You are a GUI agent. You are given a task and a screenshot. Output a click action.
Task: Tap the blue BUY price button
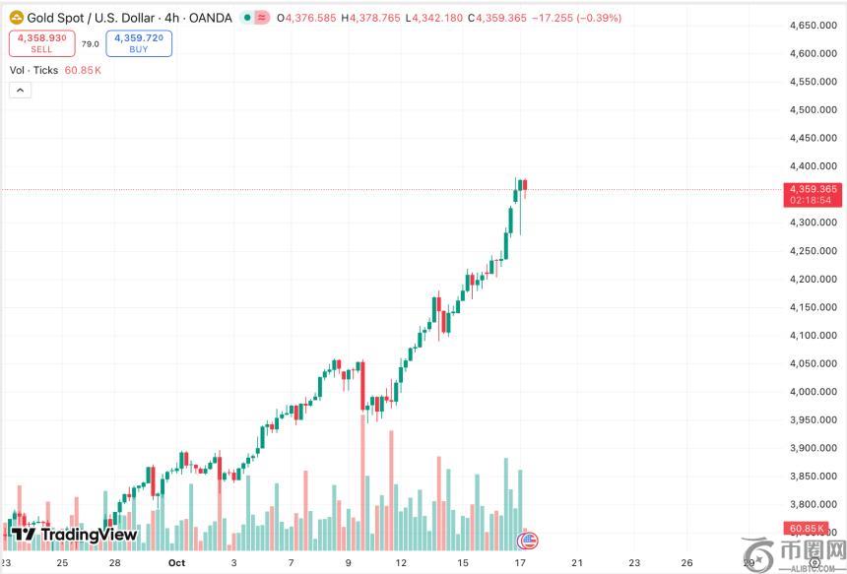[x=139, y=42]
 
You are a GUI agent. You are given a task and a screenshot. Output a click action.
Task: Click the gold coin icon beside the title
[x=16, y=18]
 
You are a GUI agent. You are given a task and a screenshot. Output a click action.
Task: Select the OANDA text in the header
[x=211, y=18]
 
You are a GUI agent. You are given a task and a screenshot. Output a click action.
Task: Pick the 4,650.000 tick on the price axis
[x=814, y=26]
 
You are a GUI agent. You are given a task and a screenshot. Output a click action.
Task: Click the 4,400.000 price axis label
[x=814, y=166]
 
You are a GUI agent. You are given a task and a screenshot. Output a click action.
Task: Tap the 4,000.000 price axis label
[x=814, y=392]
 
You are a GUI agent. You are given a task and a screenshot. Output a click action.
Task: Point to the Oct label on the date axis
[x=176, y=563]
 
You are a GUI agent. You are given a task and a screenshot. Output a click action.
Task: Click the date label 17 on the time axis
[x=519, y=563]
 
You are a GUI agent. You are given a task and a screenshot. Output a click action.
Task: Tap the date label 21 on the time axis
[x=576, y=563]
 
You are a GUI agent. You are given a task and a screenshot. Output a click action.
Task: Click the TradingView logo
[x=75, y=535]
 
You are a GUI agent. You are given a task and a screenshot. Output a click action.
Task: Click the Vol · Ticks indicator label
[x=34, y=70]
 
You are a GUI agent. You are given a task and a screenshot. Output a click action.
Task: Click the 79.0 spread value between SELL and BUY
[x=90, y=43]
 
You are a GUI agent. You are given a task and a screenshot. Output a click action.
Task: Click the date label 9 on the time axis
[x=349, y=563]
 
